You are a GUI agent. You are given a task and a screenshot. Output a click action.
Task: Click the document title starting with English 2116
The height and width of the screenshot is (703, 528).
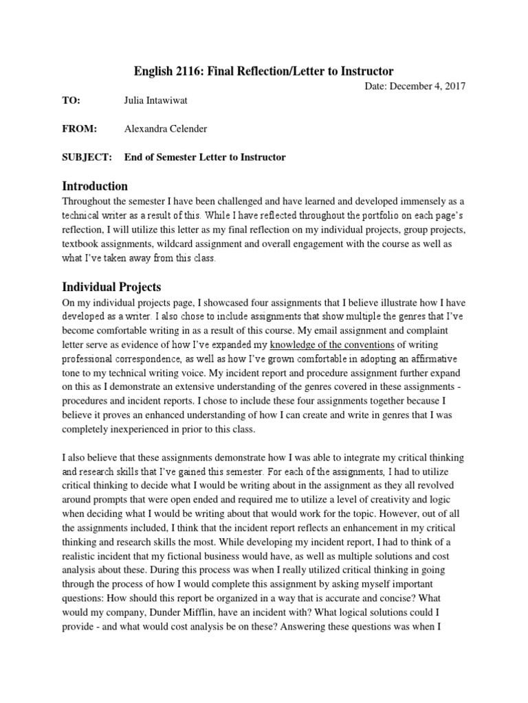click(x=263, y=71)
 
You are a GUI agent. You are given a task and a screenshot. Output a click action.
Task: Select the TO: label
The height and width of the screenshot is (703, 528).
click(x=71, y=101)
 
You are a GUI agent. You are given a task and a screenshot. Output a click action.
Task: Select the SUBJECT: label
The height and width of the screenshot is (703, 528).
click(x=87, y=157)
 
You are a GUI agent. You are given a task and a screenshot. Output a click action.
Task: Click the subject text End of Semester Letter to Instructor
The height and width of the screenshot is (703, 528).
click(x=205, y=157)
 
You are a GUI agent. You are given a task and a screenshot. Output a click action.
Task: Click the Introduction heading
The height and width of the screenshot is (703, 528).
click(x=95, y=186)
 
